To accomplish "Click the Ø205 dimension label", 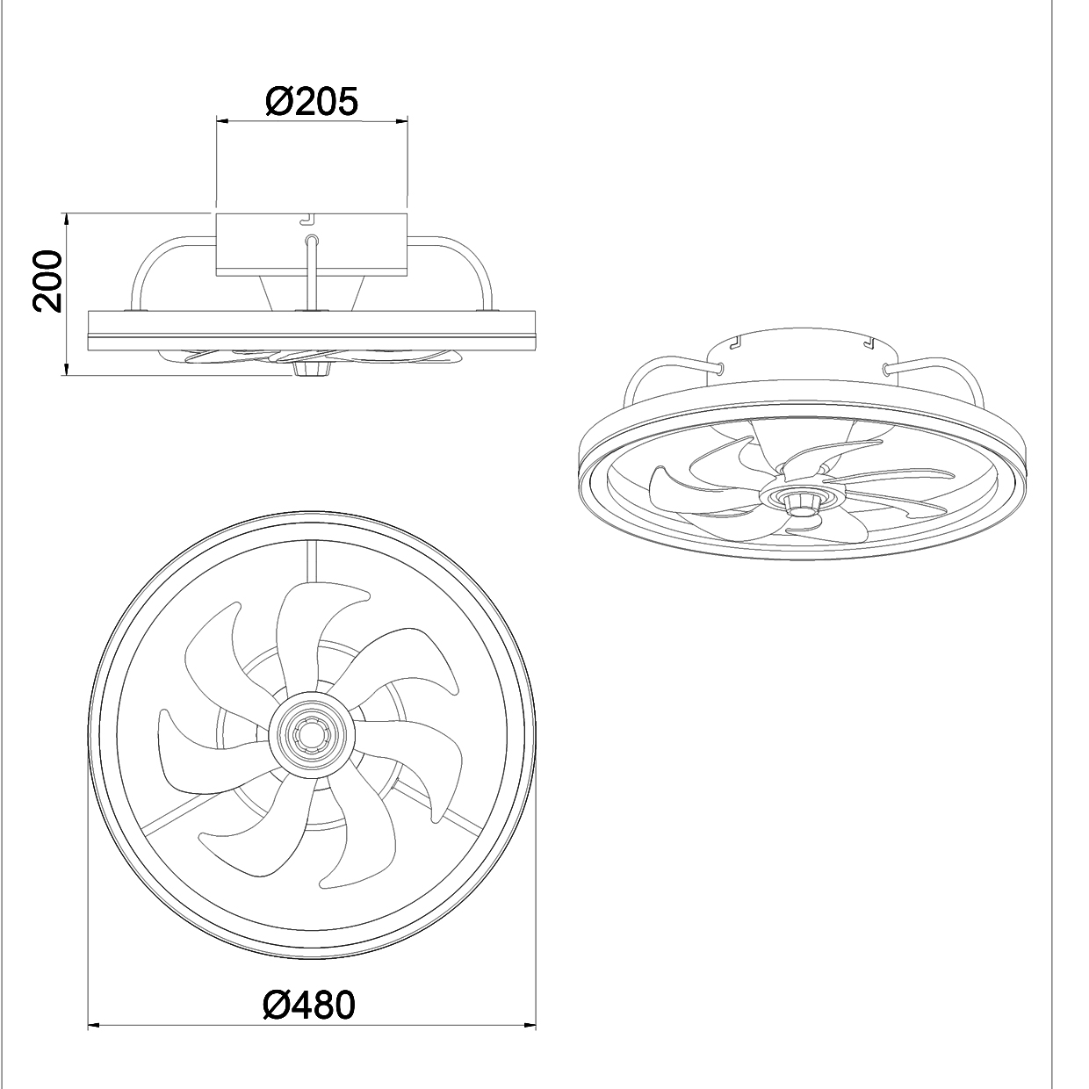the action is point(312,102).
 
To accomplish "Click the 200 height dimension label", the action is point(47,281).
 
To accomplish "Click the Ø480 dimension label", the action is point(309,1005).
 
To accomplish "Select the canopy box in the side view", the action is point(312,245).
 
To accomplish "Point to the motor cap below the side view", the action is point(311,370).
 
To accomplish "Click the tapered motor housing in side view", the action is point(312,293).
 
